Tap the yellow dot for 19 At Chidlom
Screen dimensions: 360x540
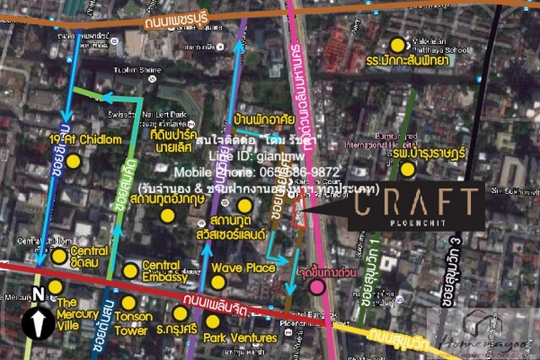pos(73,160)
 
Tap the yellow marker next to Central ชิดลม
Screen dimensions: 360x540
pos(59,255)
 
